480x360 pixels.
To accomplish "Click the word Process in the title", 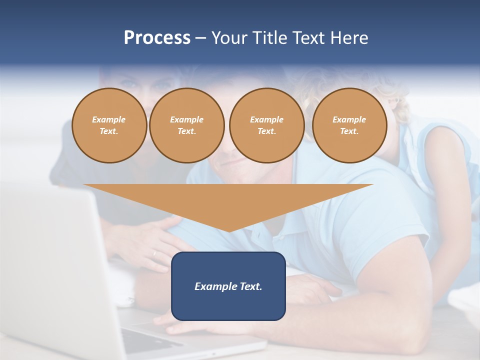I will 157,38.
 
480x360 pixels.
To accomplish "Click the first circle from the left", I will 109,125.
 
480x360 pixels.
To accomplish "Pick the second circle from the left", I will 186,125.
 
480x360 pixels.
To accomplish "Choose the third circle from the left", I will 266,125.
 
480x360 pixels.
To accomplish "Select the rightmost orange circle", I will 349,125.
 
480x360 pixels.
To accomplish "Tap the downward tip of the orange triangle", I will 228,230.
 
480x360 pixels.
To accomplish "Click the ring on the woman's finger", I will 154,253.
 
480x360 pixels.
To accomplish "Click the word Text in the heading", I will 308,38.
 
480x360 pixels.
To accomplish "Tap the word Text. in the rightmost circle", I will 349,131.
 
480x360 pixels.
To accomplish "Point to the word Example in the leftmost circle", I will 109,120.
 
